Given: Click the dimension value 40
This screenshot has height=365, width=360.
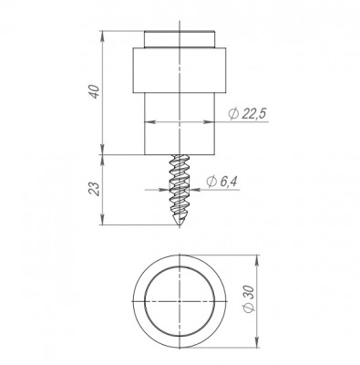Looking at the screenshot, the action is (96, 92).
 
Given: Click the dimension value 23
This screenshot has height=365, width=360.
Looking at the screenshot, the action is (94, 189).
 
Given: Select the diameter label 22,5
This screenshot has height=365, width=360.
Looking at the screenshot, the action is (254, 114).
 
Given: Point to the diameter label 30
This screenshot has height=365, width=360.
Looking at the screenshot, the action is (249, 294).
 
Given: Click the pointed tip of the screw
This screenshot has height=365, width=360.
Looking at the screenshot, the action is (179, 226).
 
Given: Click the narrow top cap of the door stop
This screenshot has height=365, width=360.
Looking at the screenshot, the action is (180, 39).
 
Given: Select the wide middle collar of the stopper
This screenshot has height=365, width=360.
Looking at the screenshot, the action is (180, 70).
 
